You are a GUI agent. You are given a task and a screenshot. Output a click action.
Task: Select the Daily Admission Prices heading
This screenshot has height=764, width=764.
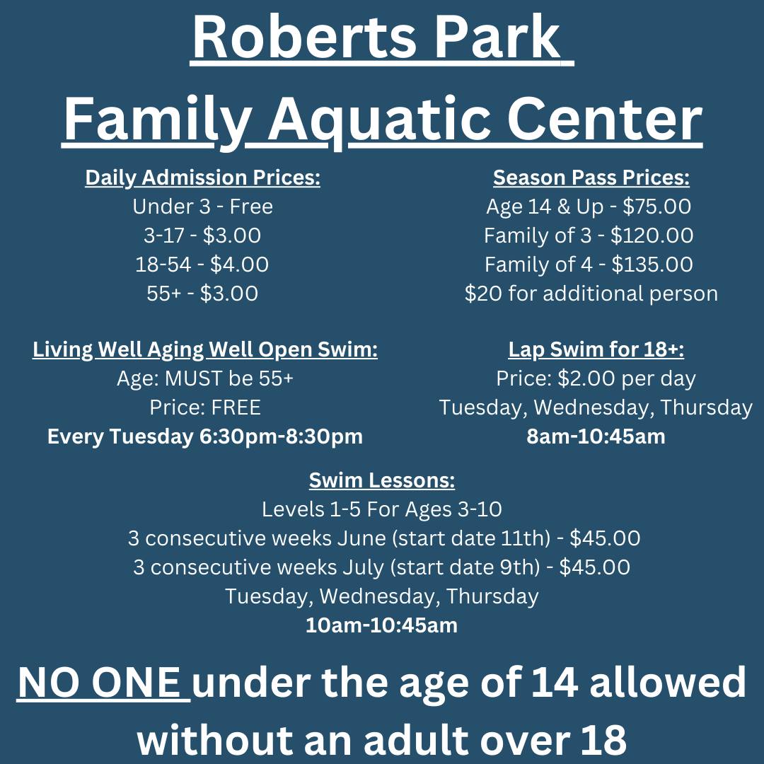[x=202, y=178]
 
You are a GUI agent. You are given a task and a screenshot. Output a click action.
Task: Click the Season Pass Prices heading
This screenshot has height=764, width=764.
[x=591, y=178]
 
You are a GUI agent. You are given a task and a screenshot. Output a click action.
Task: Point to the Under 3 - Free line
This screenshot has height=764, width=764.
[x=202, y=207]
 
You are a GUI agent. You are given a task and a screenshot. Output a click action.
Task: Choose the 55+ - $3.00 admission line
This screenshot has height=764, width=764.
[x=202, y=294]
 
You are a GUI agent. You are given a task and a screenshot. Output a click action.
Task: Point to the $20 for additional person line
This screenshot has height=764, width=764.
[x=591, y=294]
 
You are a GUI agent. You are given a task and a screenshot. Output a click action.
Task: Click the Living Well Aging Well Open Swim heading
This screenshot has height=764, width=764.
[x=205, y=350]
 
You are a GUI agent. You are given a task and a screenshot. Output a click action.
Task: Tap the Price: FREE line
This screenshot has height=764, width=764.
[x=205, y=407]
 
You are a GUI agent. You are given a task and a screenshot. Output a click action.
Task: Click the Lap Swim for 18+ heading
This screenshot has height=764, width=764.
[x=596, y=350]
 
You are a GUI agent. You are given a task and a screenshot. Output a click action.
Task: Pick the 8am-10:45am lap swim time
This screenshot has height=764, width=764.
[x=596, y=436]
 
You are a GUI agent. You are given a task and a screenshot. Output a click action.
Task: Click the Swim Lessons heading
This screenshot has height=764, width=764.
[x=382, y=481]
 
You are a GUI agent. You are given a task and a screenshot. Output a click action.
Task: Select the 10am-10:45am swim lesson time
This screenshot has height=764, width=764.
[x=382, y=625]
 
